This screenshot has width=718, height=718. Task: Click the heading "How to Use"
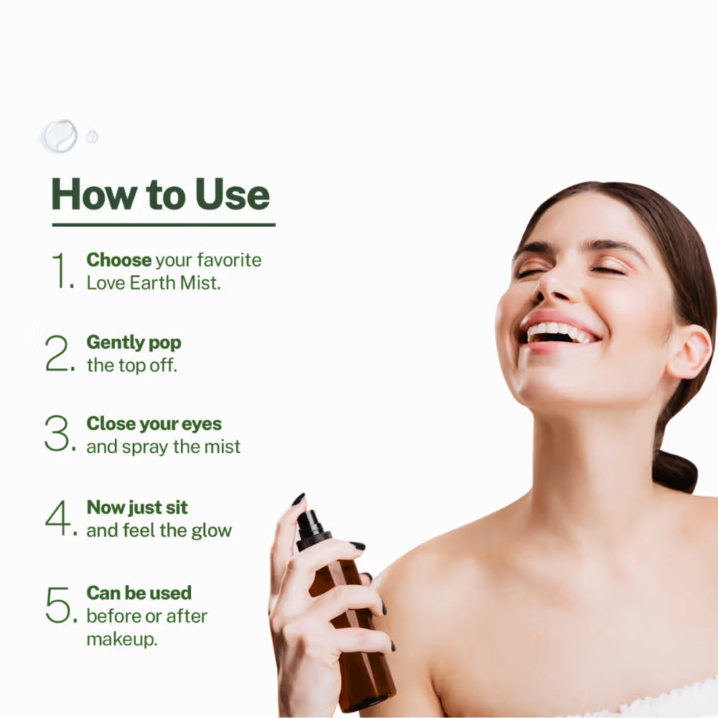(x=160, y=194)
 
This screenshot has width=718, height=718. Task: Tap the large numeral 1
(x=60, y=271)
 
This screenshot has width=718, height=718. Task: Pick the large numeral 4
(x=58, y=518)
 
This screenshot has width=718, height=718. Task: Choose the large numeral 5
(x=58, y=605)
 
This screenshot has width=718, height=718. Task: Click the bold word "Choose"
(x=119, y=260)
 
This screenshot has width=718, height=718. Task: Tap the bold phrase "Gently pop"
(x=134, y=342)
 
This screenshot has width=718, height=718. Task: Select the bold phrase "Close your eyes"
(x=154, y=424)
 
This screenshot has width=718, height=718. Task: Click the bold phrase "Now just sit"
(x=137, y=507)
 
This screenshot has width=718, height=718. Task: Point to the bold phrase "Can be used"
(x=139, y=593)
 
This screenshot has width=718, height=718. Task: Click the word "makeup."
(x=122, y=639)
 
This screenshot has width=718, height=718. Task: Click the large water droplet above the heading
(x=60, y=135)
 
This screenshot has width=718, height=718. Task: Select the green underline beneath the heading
(x=164, y=225)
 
